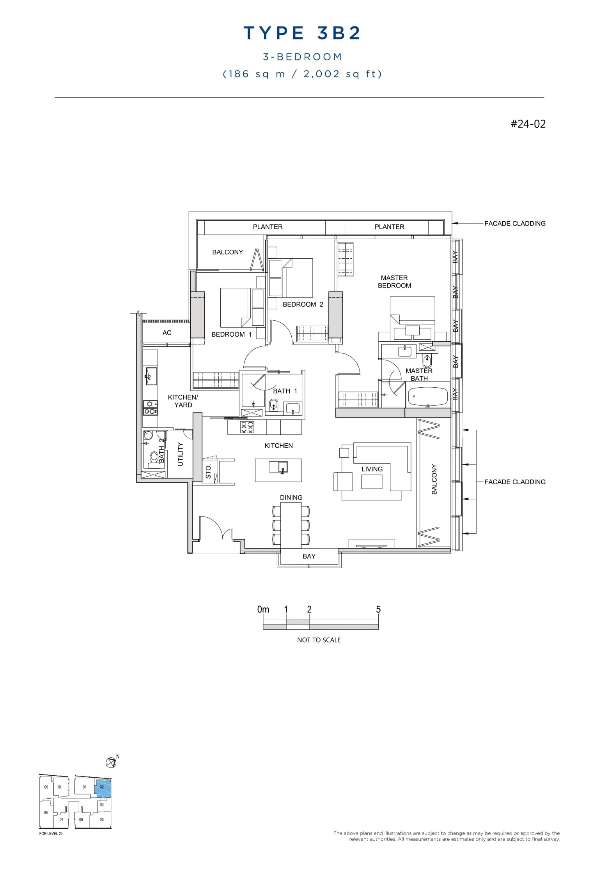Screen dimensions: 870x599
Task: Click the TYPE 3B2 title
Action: coord(302,33)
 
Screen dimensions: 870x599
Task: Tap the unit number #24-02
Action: coord(528,124)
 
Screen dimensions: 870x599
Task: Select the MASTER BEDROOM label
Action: coord(394,282)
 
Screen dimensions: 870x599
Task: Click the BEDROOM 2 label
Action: coord(303,304)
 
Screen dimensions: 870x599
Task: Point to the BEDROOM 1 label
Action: coord(231,334)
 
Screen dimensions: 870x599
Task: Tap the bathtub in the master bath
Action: coord(428,397)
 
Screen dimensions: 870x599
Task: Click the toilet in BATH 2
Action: coord(154,457)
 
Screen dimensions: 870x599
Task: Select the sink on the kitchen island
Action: coord(283,467)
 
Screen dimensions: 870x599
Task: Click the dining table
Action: coord(291,524)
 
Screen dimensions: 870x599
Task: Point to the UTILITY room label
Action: coord(180,454)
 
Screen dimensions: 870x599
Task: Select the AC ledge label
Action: coord(167,333)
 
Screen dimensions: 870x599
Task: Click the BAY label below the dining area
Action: coord(309,556)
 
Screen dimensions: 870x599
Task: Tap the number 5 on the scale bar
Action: coord(378,609)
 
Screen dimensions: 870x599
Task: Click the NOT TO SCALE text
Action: coord(319,640)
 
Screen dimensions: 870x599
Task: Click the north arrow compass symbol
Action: coord(111,762)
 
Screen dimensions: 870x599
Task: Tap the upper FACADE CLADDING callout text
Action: coord(515,224)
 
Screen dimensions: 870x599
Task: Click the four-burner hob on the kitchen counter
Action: coord(246,427)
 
